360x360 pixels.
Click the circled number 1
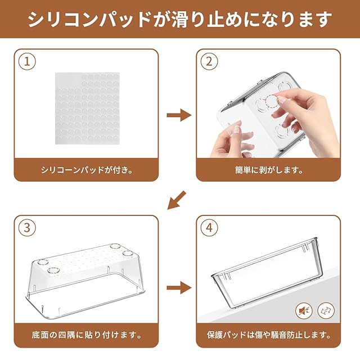(x=27, y=61)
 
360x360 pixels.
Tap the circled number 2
(x=209, y=61)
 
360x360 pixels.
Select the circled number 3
(x=27, y=227)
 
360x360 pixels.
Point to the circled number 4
(x=209, y=227)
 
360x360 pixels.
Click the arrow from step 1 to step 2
(x=179, y=115)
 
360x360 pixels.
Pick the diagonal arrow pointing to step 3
(x=176, y=200)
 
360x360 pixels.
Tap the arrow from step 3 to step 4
(x=179, y=287)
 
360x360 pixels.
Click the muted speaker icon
(x=304, y=310)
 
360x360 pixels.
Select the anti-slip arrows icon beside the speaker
(x=326, y=310)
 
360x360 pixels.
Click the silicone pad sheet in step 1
(x=88, y=109)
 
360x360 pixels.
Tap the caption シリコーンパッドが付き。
(x=87, y=170)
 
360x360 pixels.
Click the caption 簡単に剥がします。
(x=269, y=170)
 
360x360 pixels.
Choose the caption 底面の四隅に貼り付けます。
(x=87, y=335)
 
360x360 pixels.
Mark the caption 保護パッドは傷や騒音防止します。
(x=269, y=335)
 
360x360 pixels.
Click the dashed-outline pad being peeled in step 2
(x=272, y=102)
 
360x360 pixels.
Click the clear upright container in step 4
(x=267, y=273)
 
